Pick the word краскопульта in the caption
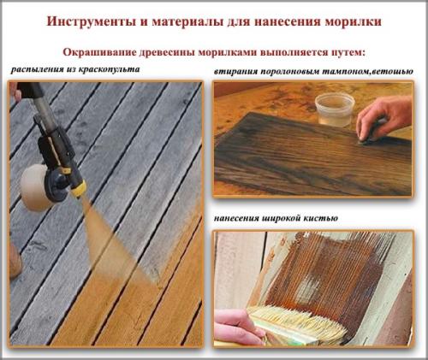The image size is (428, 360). pyautogui.click(x=111, y=68)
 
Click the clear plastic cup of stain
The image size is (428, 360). pyautogui.click(x=335, y=109)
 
